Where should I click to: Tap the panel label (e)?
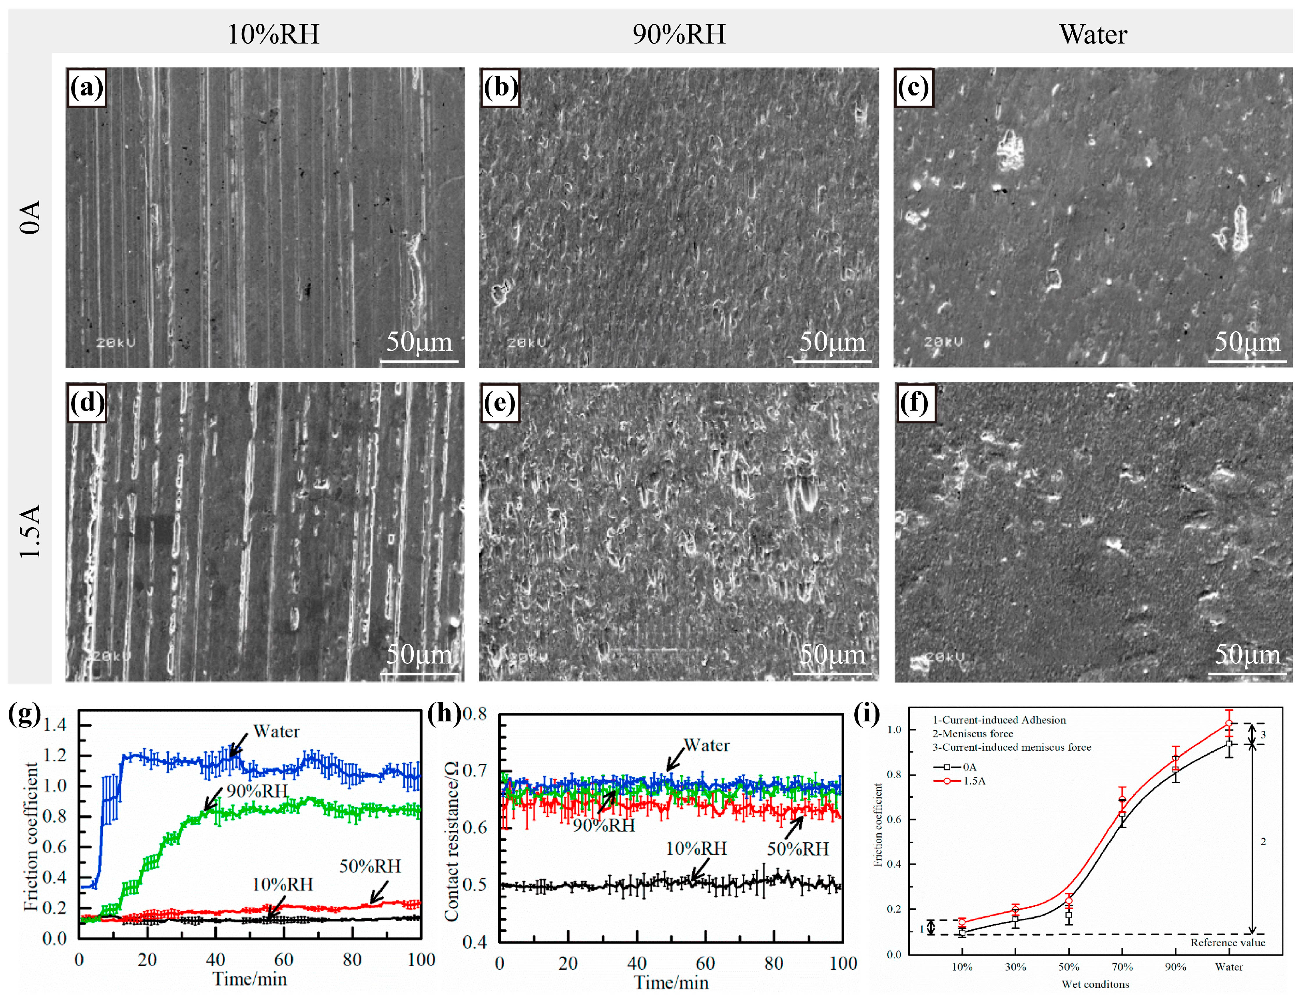click(x=500, y=403)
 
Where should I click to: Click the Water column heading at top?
click(x=1093, y=34)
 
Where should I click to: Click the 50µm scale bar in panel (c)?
click(x=1247, y=360)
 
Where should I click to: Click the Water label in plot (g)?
click(x=276, y=731)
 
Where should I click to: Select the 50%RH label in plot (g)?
click(x=370, y=866)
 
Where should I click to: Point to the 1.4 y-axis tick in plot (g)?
click(x=54, y=725)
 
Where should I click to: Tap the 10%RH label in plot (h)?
click(x=696, y=848)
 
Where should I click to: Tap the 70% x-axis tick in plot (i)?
click(x=1122, y=966)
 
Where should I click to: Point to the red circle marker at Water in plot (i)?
click(x=1228, y=723)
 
